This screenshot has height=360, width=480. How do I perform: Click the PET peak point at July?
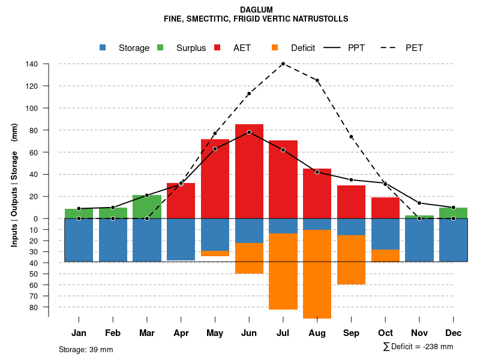tap(283, 64)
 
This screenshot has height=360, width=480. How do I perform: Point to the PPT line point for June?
tap(249, 132)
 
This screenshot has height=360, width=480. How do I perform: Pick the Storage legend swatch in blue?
tap(103, 48)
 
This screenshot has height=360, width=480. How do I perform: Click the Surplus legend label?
tap(191, 48)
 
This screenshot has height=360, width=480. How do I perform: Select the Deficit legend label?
tap(302, 48)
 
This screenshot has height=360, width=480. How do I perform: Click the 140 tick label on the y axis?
tap(32, 64)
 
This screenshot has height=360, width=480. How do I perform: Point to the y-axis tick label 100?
tap(32, 109)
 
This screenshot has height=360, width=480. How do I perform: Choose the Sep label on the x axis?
tap(351, 333)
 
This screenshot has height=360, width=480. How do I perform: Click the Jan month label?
tap(79, 333)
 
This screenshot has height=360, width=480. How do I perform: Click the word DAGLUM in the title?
tap(256, 10)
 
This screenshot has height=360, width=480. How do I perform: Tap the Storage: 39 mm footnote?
tap(86, 349)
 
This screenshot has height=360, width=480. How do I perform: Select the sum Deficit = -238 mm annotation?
tap(418, 347)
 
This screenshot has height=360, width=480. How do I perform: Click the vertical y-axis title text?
tap(14, 185)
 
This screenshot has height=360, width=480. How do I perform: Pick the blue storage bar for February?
tap(113, 240)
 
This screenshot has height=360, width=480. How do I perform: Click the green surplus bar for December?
tap(453, 213)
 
